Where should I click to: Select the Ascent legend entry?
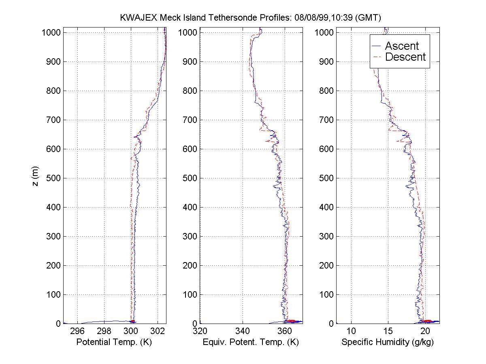[401, 46]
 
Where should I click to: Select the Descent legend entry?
[405, 57]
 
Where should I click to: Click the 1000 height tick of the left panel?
[51, 33]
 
